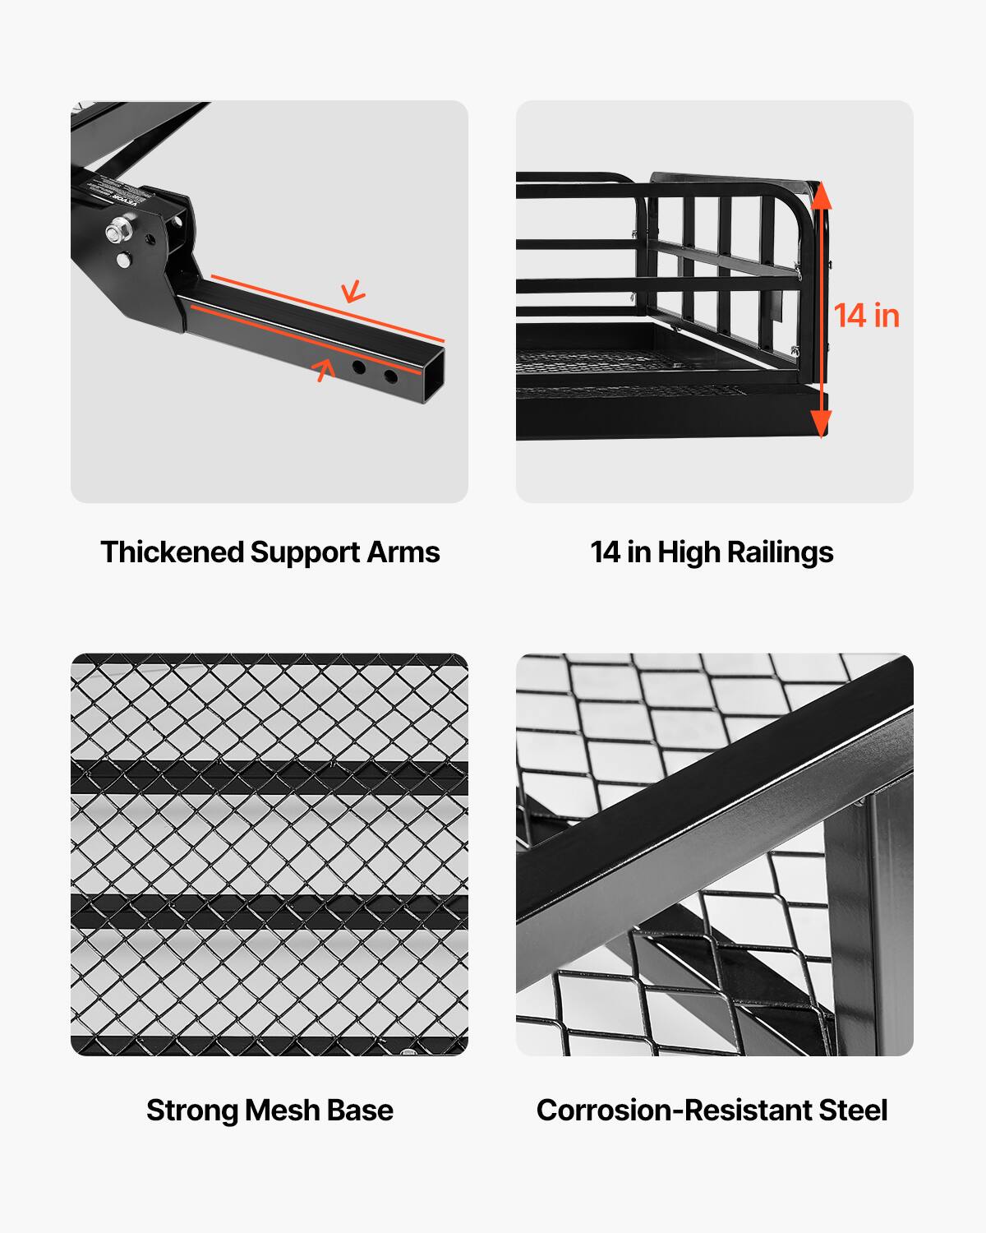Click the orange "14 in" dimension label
(x=867, y=316)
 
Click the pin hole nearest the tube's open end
(x=390, y=376)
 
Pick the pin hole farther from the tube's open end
(x=360, y=366)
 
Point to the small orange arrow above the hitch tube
(x=353, y=291)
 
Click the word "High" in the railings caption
(x=689, y=552)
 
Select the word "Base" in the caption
(x=360, y=1111)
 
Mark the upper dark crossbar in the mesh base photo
(x=270, y=777)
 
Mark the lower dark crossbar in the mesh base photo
(x=270, y=912)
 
